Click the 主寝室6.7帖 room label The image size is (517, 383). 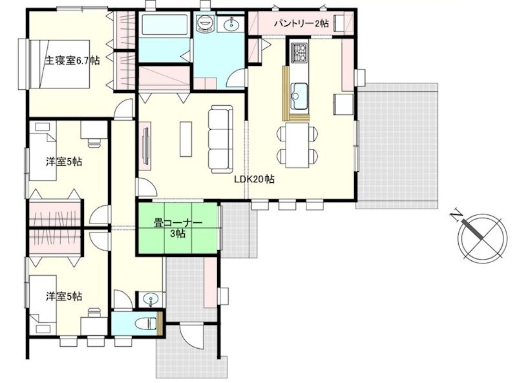(72, 61)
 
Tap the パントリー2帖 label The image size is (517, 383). (301, 23)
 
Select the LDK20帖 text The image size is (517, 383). (254, 180)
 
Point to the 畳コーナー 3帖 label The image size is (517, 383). (178, 228)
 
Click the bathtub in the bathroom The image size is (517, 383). (164, 25)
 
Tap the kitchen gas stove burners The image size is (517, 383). (300, 52)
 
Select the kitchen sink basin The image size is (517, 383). (299, 96)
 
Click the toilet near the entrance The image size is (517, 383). (145, 323)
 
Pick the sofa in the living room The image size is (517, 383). (220, 139)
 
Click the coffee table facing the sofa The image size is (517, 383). (185, 139)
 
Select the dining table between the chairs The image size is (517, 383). (297, 145)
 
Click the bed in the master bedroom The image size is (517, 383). (59, 64)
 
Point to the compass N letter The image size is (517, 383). (456, 216)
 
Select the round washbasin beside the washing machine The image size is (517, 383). (232, 24)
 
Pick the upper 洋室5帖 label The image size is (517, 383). (64, 162)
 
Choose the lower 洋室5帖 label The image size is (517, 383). (64, 296)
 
